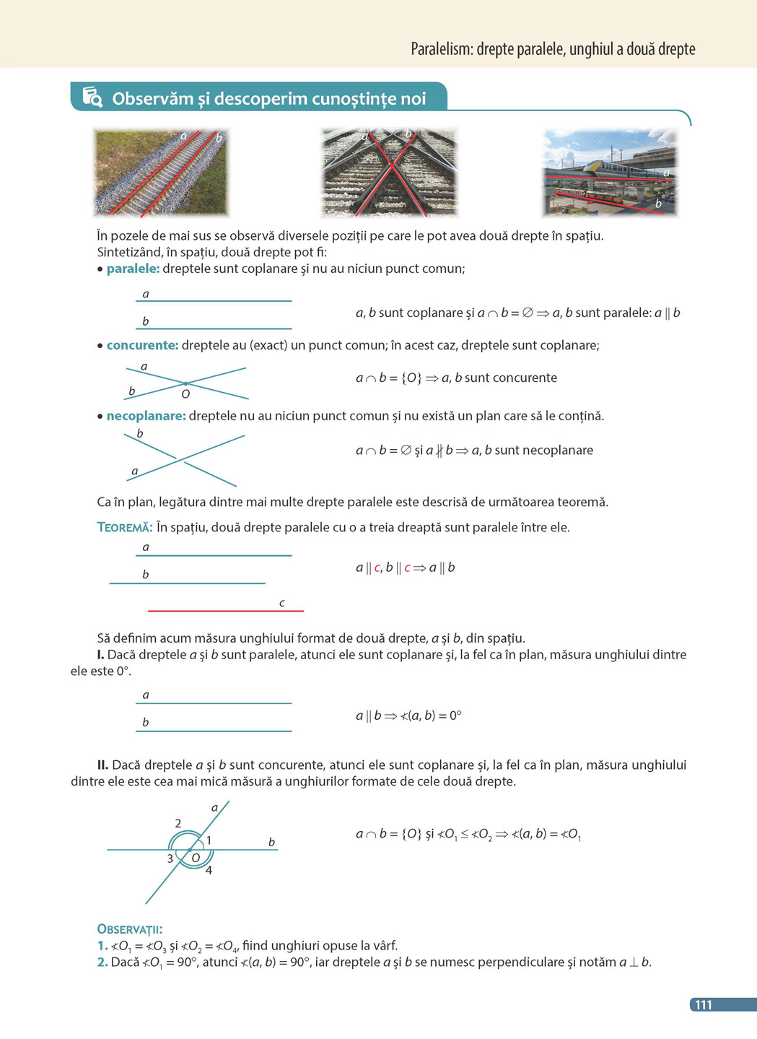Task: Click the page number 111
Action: tap(703, 1004)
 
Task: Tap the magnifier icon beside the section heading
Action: tap(92, 97)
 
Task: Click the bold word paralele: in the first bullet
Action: tap(133, 269)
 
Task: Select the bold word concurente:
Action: tap(142, 345)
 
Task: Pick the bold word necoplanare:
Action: tap(146, 416)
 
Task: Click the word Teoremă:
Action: tap(124, 528)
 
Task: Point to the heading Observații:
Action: tap(129, 929)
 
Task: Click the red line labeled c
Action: tap(225, 611)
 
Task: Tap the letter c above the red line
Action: tap(281, 603)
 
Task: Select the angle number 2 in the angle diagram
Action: tap(178, 823)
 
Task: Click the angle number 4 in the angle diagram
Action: tap(209, 870)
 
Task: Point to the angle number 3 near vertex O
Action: tap(170, 858)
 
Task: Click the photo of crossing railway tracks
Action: tap(389, 173)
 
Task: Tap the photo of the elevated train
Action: tap(610, 173)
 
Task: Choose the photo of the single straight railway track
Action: tap(161, 173)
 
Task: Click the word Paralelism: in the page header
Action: tap(442, 49)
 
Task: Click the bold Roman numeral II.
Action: tap(103, 765)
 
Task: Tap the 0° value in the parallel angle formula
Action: tap(455, 716)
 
